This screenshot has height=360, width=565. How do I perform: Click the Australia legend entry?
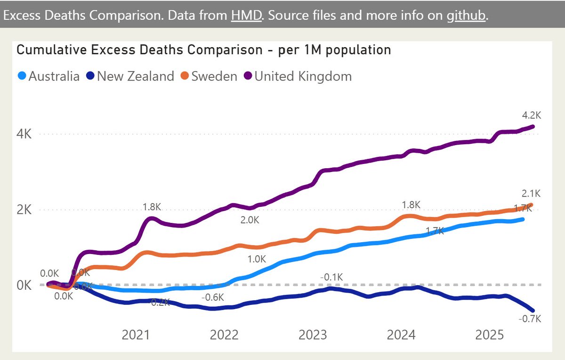click(x=49, y=76)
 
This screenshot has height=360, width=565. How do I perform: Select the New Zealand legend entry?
click(x=130, y=76)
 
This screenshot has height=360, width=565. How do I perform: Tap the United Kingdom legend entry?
click(x=298, y=76)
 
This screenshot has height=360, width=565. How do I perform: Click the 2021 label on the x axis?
click(x=136, y=335)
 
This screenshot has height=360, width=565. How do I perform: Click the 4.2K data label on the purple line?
click(x=532, y=115)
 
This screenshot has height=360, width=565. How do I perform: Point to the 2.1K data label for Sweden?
click(x=532, y=193)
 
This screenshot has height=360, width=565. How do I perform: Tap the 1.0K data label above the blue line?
click(x=257, y=259)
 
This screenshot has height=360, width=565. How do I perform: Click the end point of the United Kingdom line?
click(x=533, y=126)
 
